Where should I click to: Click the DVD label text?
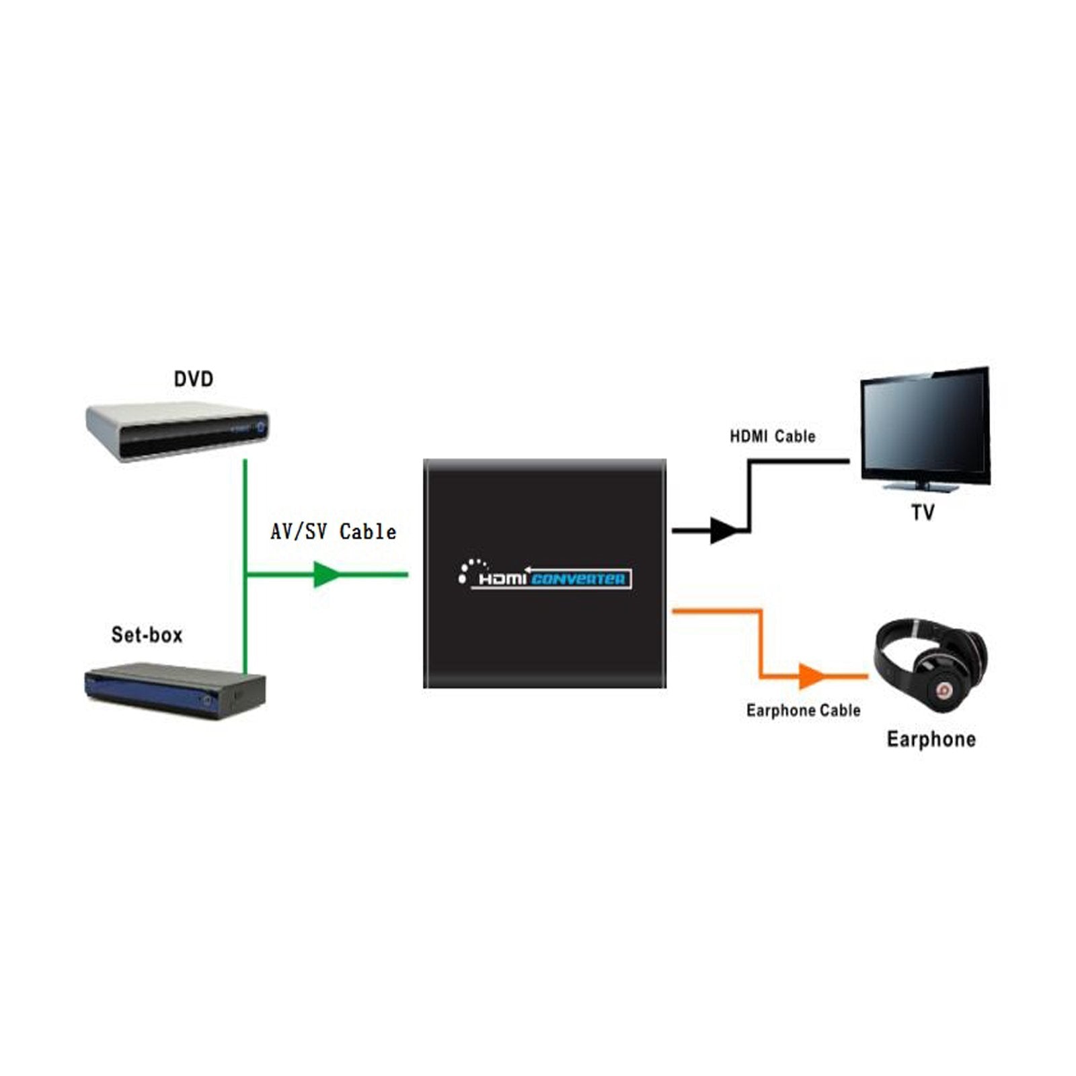(194, 379)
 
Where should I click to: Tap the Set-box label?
(147, 635)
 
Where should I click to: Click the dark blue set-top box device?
(175, 689)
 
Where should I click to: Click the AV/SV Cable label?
(333, 532)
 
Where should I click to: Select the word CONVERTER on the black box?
(578, 578)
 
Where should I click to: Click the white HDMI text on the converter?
(501, 579)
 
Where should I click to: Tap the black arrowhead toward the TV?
(724, 531)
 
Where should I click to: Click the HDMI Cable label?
(772, 436)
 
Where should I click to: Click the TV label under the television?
(923, 513)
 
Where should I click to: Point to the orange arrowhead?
(810, 676)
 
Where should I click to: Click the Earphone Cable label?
(803, 710)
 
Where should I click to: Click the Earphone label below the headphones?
(931, 739)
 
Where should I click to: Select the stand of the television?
(922, 486)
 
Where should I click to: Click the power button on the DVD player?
(260, 426)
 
